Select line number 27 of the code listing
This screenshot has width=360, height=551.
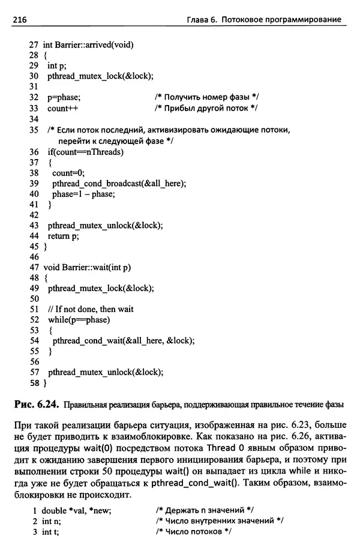tap(33, 45)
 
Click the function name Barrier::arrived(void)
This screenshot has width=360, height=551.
tap(97, 45)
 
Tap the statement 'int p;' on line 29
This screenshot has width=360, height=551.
tap(56, 65)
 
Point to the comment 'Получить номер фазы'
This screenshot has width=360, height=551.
tap(206, 97)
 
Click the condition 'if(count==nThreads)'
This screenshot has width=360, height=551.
tap(85, 152)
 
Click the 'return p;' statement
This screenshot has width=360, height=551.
tap(63, 236)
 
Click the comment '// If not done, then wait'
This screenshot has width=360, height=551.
tap(90, 309)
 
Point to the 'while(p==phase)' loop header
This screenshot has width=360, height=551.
tap(79, 319)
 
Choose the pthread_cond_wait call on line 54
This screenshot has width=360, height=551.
tap(124, 340)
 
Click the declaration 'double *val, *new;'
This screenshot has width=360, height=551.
tap(80, 510)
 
